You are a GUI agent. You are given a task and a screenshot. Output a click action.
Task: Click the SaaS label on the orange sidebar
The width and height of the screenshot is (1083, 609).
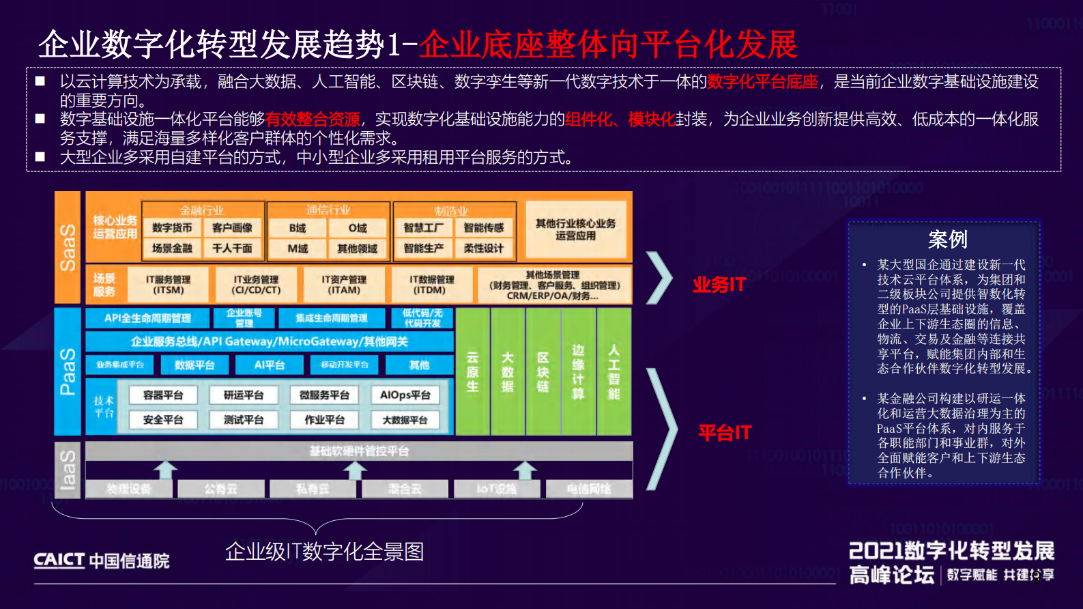68,247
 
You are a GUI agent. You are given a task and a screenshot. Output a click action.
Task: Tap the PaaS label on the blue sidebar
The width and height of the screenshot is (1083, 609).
68,371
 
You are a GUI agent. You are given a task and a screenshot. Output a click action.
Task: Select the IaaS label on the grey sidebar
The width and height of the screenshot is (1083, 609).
68,470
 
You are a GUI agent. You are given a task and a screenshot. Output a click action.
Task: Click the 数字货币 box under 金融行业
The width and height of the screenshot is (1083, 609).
172,228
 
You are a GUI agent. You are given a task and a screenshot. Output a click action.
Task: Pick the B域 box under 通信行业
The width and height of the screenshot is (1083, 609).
298,228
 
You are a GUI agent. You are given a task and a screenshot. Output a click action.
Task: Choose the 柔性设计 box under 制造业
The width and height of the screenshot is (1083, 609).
483,249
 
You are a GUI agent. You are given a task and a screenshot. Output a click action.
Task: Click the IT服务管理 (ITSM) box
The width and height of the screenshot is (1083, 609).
168,285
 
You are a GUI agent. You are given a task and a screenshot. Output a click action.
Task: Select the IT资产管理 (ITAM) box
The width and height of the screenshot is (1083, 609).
344,285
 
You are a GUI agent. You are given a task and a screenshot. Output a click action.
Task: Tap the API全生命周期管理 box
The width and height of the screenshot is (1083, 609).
147,318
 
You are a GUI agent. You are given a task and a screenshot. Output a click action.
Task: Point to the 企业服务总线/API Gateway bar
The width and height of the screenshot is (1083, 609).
269,341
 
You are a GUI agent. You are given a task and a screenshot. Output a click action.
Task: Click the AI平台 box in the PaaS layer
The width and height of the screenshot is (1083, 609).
269,365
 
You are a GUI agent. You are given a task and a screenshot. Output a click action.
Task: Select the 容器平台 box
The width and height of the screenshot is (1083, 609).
163,395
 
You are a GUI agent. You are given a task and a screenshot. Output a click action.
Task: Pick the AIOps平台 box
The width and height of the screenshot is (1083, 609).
405,395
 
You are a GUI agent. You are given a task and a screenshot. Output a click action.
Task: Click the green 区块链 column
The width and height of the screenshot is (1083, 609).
543,371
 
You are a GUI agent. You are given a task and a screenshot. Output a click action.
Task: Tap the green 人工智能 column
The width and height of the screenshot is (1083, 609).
613,371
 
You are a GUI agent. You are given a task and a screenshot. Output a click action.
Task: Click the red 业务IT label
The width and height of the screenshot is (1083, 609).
719,285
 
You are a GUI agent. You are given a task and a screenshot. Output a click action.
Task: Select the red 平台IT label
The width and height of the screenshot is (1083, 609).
724,433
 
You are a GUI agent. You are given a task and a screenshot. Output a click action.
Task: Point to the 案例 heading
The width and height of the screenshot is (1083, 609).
947,240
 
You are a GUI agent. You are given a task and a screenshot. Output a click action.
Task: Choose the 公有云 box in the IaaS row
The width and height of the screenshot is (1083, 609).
221,489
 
